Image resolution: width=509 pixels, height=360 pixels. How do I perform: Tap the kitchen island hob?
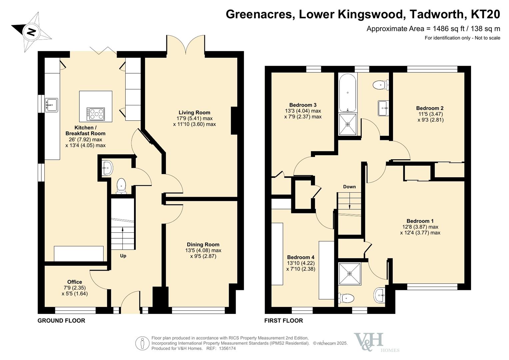coord(96,114)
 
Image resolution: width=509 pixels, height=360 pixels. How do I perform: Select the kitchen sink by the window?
coord(51,105)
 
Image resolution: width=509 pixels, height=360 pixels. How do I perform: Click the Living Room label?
coord(194,113)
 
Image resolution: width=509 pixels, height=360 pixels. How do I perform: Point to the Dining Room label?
coord(203,245)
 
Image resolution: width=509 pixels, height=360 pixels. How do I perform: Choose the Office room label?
coord(75,282)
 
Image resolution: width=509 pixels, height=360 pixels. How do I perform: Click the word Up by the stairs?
coord(123,256)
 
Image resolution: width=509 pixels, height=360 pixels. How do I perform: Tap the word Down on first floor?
coord(349,187)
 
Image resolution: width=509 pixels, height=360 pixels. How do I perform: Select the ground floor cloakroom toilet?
coord(121,186)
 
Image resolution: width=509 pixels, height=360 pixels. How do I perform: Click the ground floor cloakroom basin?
coord(107,168)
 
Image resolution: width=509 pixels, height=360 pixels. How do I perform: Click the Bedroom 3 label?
coord(303,105)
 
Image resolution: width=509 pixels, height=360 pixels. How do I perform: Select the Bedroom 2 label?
coord(430,108)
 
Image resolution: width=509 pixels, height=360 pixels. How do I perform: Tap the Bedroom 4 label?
coord(301,257)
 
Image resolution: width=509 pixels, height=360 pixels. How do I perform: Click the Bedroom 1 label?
coord(420,221)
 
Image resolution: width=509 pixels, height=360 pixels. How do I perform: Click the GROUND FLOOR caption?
coord(61,321)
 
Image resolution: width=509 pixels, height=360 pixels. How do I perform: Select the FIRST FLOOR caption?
coord(284,321)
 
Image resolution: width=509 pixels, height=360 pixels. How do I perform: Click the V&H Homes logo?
coord(375,343)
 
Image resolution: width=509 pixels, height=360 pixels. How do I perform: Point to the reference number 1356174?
coord(227,348)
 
